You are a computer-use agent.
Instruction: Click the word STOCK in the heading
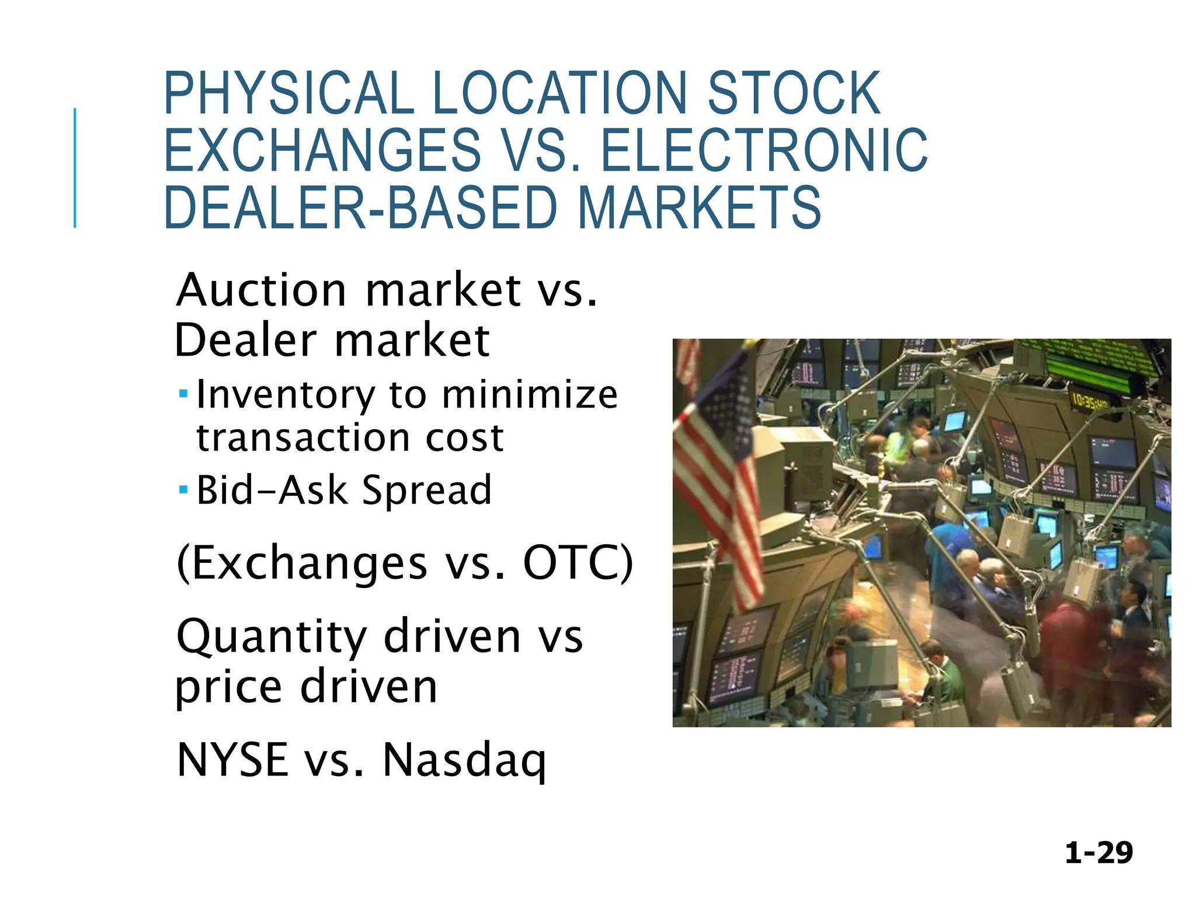point(794,93)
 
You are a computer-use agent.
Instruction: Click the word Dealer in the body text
point(245,340)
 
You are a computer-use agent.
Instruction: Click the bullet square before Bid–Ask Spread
point(183,489)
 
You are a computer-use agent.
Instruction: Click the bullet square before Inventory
point(183,394)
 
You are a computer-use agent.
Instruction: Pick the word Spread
point(427,491)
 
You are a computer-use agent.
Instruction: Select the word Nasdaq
point(464,760)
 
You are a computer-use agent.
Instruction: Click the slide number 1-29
point(1098,853)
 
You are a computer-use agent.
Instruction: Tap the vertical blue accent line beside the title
point(75,168)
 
